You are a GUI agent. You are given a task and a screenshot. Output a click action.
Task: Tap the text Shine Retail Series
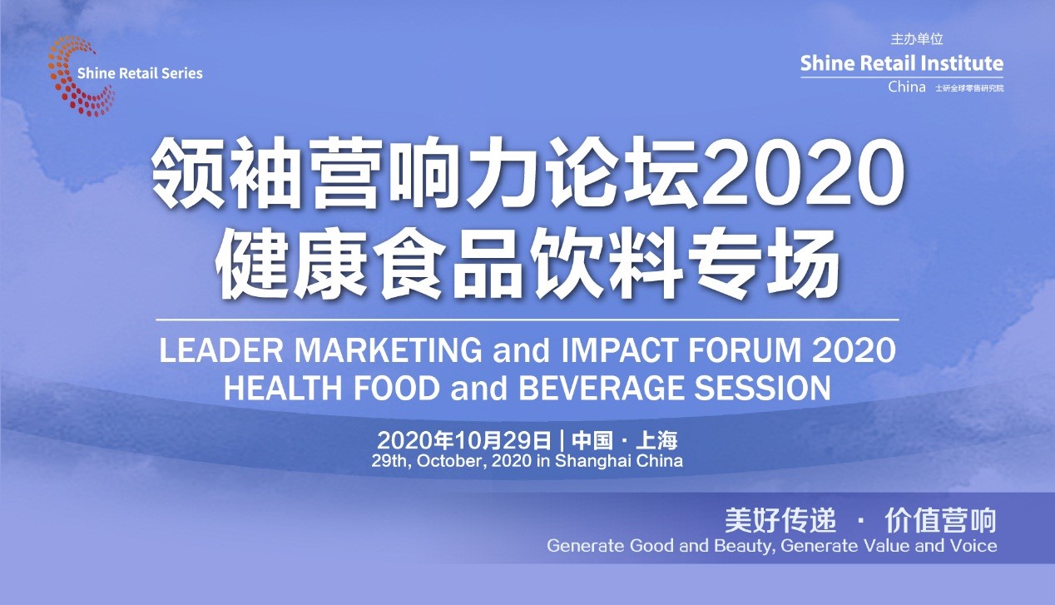[140, 73]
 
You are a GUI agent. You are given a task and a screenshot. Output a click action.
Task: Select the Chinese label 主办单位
[917, 39]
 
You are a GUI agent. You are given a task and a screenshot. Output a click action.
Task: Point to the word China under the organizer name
[907, 87]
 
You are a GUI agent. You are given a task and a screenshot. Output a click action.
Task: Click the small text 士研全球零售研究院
[969, 88]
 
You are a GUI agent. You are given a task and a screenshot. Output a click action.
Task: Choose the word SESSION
[762, 388]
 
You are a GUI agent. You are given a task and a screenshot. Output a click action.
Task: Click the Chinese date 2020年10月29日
[464, 440]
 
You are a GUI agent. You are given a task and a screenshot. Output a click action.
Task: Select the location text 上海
[656, 440]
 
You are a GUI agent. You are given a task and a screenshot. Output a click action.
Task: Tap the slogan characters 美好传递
[780, 521]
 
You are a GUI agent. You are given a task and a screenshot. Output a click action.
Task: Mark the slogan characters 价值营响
[940, 521]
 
